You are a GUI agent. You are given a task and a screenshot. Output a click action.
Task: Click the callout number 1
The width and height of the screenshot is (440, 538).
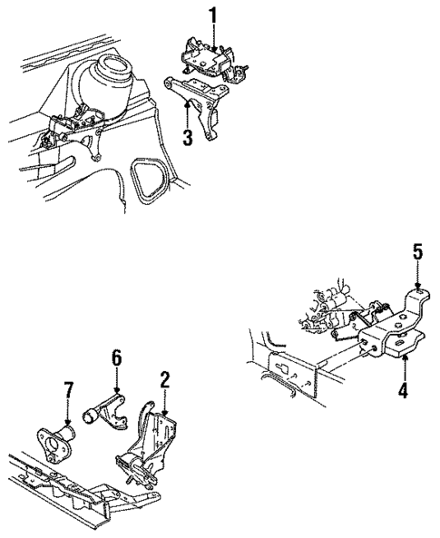click(213, 16)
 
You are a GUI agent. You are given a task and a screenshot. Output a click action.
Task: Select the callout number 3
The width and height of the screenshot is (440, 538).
click(188, 137)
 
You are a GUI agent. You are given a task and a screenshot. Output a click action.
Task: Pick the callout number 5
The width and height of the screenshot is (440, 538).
click(417, 252)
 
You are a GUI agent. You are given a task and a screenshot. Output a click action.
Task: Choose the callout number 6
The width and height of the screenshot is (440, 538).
click(117, 359)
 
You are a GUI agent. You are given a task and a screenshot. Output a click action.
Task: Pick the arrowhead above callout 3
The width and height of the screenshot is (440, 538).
click(188, 103)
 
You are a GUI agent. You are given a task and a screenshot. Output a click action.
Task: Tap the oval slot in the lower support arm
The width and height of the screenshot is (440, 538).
click(400, 344)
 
